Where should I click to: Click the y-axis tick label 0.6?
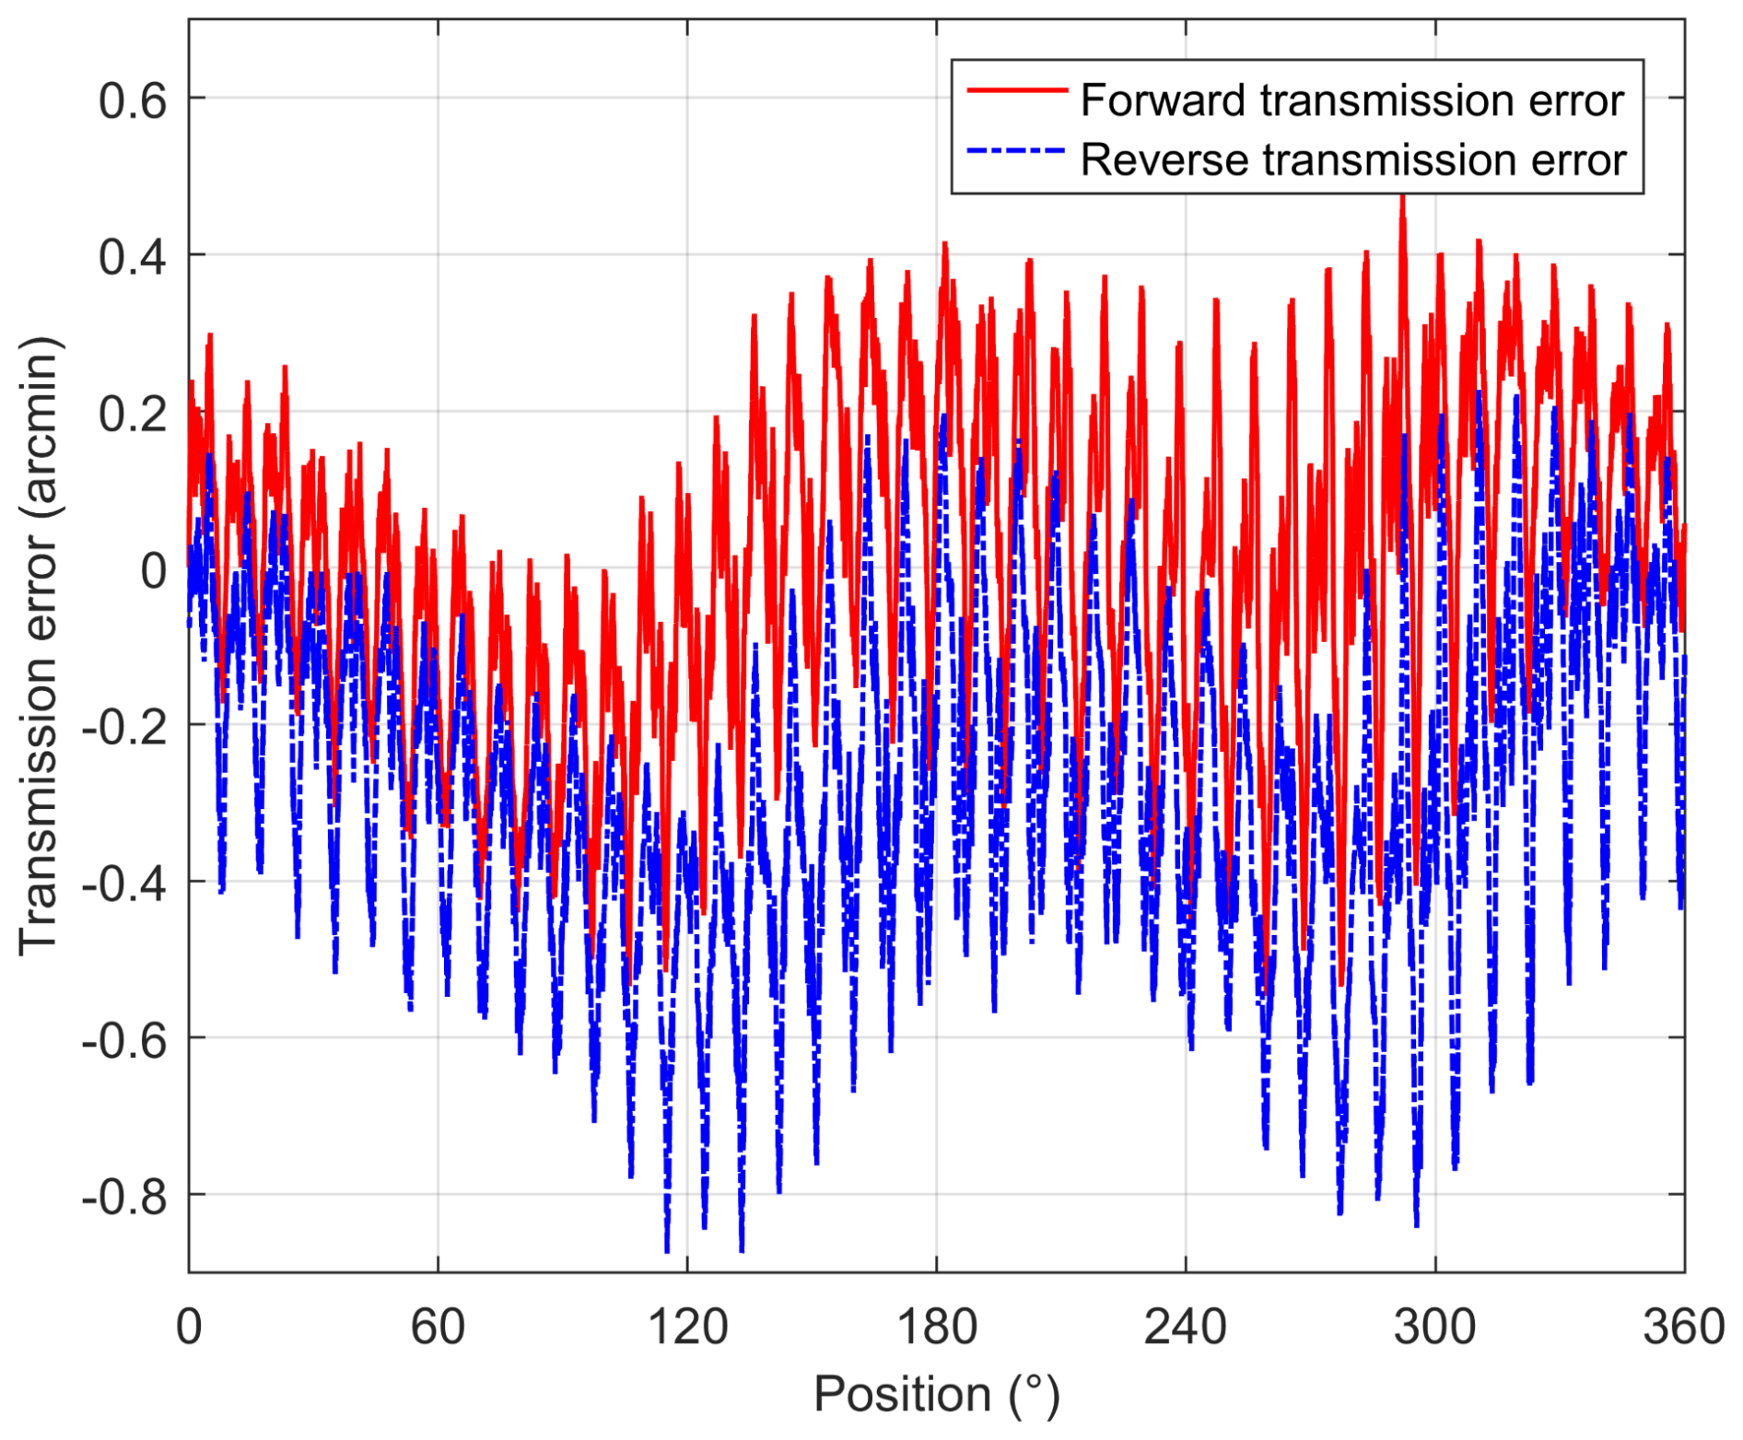133,100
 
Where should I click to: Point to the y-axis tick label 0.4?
133,256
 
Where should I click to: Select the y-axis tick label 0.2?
133,413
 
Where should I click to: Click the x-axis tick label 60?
438,1328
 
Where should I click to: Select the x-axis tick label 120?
687,1328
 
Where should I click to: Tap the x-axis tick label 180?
937,1328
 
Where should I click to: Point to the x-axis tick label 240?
1186,1328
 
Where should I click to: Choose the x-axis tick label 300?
1435,1328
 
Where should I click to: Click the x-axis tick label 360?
1684,1328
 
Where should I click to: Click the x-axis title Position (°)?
937,1394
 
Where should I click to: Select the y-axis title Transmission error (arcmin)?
39,645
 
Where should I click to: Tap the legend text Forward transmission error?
1351,100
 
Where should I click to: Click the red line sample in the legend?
1016,90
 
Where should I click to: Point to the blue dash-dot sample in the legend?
1016,150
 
